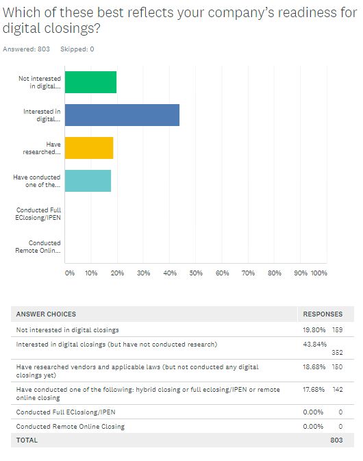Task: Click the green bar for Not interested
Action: (90, 82)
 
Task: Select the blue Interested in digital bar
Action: (122, 115)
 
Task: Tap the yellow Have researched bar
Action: (89, 148)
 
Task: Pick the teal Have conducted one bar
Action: (88, 181)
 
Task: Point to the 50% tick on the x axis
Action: (196, 273)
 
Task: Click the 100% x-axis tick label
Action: (319, 273)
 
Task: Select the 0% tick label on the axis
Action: (70, 273)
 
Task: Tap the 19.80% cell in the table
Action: (314, 330)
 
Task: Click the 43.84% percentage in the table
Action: (314, 345)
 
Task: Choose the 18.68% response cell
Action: (314, 367)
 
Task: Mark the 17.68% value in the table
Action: (314, 390)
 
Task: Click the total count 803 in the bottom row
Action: (336, 440)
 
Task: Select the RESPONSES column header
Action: (323, 314)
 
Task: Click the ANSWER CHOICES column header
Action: (46, 314)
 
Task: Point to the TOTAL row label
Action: (27, 440)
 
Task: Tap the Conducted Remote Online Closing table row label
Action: (71, 427)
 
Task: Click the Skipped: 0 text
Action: (77, 49)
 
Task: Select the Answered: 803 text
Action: (26, 49)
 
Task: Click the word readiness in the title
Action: (307, 12)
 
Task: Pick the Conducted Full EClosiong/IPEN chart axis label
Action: (38, 214)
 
